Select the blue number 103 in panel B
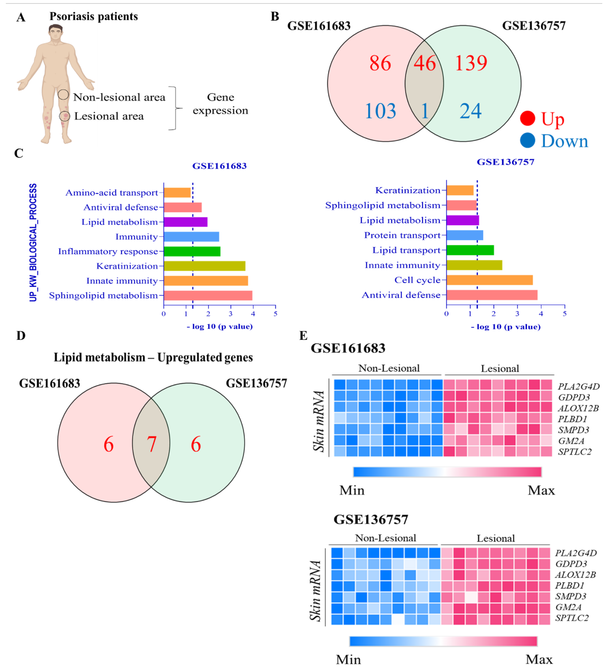(x=380, y=111)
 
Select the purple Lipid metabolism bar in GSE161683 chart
(x=186, y=222)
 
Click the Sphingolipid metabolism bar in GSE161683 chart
(x=208, y=295)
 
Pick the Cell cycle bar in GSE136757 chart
(x=489, y=280)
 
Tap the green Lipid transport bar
(x=470, y=250)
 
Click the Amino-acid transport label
(x=112, y=193)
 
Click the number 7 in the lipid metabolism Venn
(x=152, y=444)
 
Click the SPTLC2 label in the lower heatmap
(x=572, y=618)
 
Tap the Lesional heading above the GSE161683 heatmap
(x=500, y=369)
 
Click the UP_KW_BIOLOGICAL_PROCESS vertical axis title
(x=33, y=243)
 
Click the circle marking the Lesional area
(x=65, y=116)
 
